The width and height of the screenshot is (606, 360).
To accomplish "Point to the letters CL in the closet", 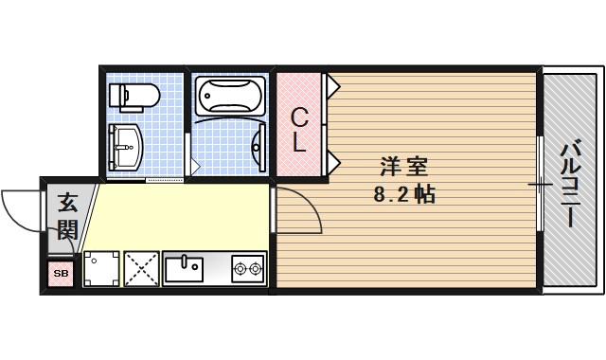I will click(298, 130).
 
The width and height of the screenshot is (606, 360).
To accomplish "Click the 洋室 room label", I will click(404, 169).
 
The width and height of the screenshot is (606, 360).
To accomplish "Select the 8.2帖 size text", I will click(404, 197).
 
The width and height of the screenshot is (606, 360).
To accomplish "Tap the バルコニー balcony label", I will click(570, 182).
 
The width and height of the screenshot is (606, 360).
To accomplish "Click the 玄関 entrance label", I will click(67, 215).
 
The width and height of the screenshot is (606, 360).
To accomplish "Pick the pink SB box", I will click(61, 275).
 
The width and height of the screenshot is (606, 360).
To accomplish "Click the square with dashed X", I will click(141, 269).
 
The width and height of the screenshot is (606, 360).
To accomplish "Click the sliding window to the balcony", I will click(539, 183).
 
